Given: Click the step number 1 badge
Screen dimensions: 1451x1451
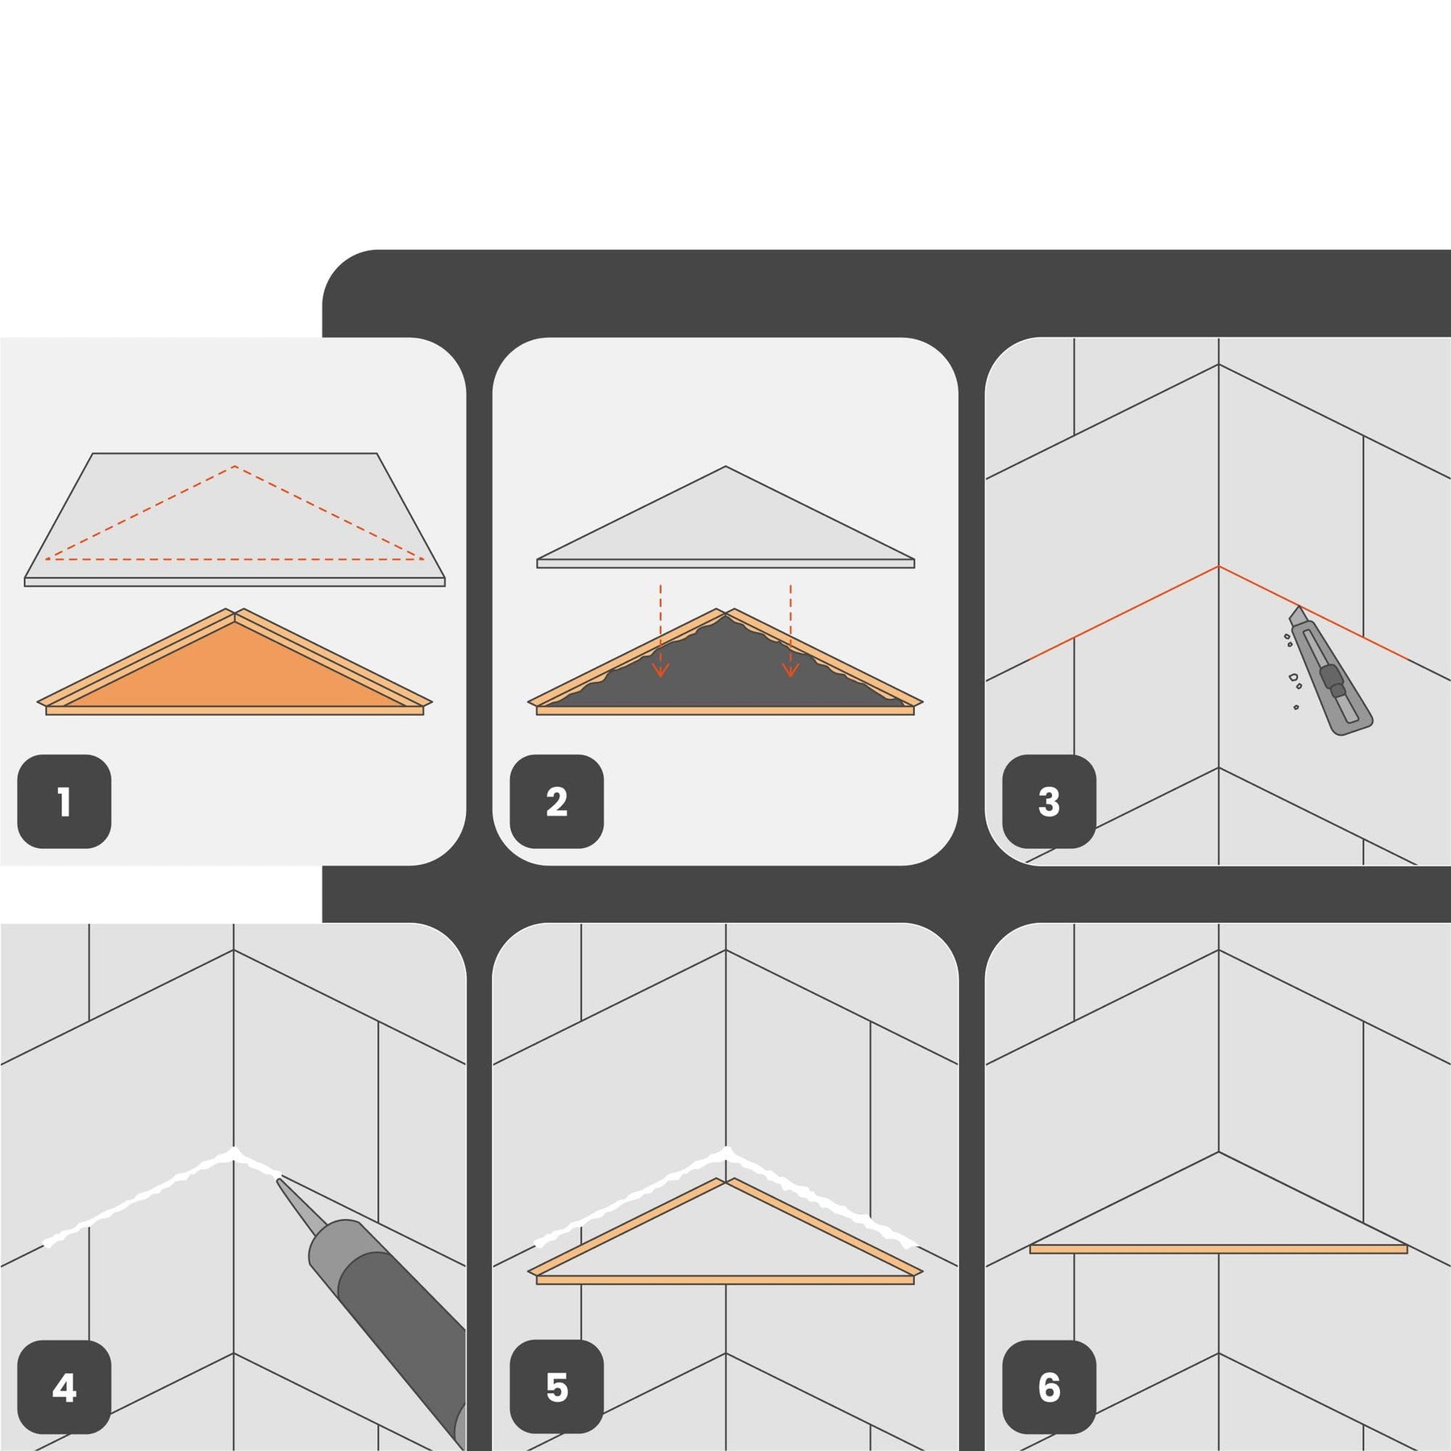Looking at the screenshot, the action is (x=64, y=801).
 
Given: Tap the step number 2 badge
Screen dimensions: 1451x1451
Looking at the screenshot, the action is (x=557, y=801).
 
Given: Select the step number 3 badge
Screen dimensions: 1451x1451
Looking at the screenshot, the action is (x=1050, y=801).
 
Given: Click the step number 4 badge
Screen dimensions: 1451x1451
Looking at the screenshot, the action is (x=64, y=1387).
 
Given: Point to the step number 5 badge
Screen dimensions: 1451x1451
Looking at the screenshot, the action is (x=557, y=1387).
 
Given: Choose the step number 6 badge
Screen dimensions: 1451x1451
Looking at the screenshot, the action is (x=1050, y=1387).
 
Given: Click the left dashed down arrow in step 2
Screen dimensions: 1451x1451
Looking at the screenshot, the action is (x=661, y=630).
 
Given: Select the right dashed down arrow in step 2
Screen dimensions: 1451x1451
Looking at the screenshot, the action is (x=791, y=630).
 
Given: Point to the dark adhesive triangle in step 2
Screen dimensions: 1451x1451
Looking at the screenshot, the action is (x=725, y=669).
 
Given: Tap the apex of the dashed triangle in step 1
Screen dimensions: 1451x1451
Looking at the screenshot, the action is (x=235, y=466).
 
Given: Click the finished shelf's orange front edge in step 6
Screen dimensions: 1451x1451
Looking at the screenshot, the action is (x=1219, y=1249).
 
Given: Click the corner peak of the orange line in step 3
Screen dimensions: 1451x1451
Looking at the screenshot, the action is (x=1219, y=567).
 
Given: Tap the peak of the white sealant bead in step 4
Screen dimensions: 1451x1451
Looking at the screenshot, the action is (x=234, y=1151).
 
